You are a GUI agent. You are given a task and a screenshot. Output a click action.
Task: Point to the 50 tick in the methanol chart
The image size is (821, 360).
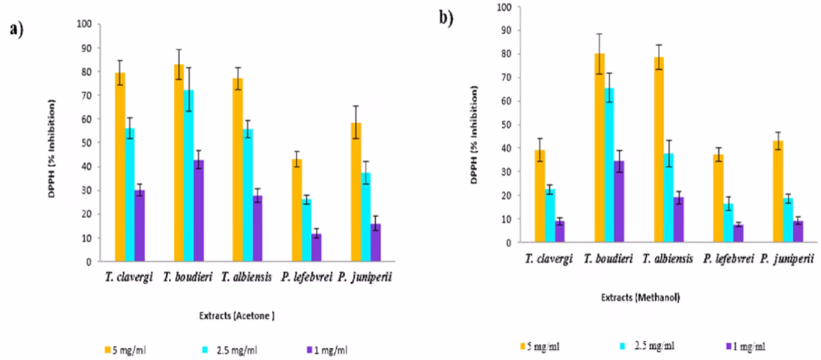[x=502, y=124]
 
